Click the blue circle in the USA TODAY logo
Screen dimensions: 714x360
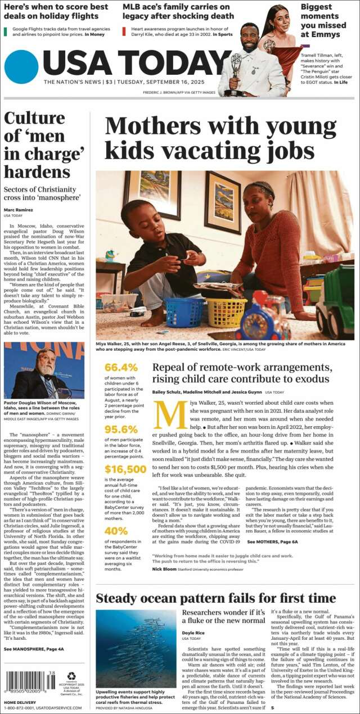pos(21,67)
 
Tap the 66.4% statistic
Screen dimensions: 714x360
pos(121,367)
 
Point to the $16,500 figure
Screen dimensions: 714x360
pos(125,469)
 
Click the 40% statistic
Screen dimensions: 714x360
pos(116,531)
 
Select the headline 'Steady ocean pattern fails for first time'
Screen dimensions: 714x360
pos(223,597)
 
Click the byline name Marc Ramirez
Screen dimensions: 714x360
pos(18,210)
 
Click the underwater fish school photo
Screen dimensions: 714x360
pos(136,648)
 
